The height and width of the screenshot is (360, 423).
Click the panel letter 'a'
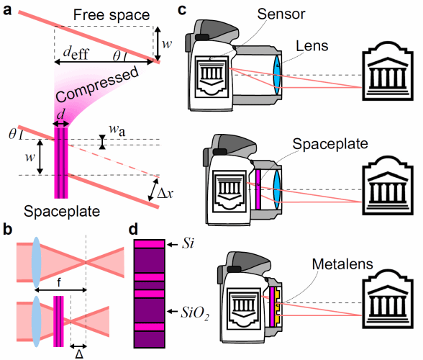[7, 11]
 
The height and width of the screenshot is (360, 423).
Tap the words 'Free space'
[112, 15]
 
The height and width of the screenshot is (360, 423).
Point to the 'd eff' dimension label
[76, 53]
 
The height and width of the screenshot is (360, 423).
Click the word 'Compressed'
[98, 84]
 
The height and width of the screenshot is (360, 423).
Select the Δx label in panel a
[165, 194]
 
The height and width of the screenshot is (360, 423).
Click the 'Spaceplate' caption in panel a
[62, 212]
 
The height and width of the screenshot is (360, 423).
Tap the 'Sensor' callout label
[281, 14]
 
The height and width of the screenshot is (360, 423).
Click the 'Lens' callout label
[312, 46]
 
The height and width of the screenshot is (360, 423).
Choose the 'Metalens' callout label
[342, 264]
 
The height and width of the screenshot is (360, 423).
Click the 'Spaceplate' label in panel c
[330, 144]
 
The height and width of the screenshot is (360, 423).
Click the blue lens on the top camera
[277, 75]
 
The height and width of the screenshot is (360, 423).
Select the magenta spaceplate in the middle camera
[258, 189]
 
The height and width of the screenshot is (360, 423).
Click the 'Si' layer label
[188, 243]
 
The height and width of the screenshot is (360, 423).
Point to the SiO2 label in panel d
[195, 313]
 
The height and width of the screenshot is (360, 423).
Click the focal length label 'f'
[59, 283]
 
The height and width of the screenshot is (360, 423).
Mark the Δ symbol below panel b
[79, 354]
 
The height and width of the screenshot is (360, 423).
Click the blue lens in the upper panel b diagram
[36, 262]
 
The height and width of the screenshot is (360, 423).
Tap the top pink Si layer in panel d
[150, 244]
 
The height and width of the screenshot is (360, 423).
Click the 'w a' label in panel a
[117, 130]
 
